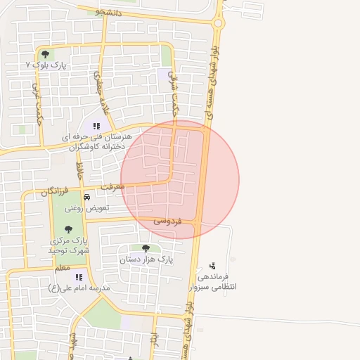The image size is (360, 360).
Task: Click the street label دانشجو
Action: click(109, 12)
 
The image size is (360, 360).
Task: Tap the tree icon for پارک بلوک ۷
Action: click(46, 53)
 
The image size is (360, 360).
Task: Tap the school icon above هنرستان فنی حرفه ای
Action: click(96, 127)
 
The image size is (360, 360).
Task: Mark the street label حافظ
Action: click(79, 169)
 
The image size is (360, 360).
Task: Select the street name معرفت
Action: click(112, 187)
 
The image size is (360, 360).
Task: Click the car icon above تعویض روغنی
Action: click(86, 198)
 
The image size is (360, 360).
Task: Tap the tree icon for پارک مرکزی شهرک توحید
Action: click(68, 229)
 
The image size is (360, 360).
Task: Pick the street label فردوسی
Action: click(168, 221)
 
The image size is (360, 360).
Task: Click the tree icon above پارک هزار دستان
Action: click(146, 248)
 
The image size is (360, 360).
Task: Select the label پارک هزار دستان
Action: click(146, 259)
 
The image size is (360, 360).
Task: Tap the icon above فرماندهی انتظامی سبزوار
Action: click(212, 266)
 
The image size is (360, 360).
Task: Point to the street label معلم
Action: click(62, 268)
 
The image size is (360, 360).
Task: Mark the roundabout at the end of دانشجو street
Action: click(219, 23)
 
